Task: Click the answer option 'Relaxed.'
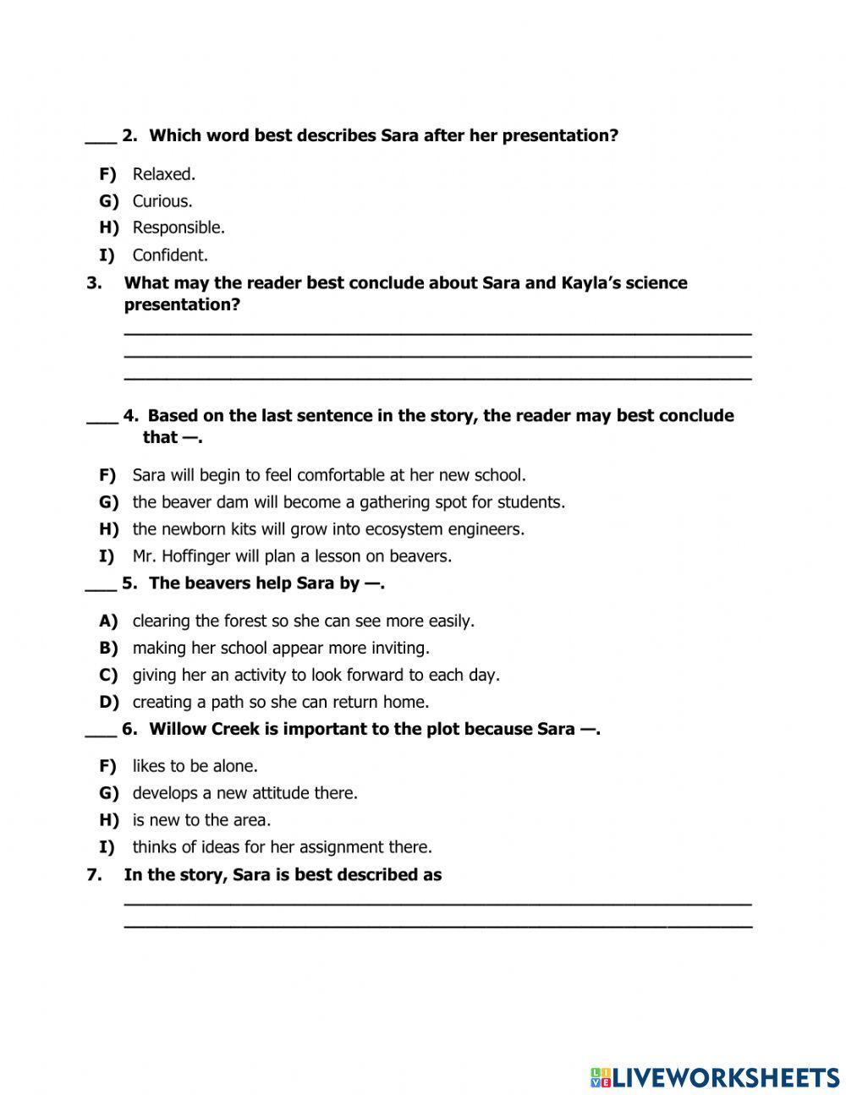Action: [x=163, y=174]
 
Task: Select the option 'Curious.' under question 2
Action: [x=162, y=201]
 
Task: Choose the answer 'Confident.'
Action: [x=169, y=255]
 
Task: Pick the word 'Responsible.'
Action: [x=178, y=228]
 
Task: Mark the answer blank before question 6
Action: [x=100, y=732]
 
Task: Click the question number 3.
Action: [x=94, y=283]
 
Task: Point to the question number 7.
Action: [x=94, y=875]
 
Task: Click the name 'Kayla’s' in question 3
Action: [x=591, y=283]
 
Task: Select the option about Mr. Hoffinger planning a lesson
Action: [x=292, y=556]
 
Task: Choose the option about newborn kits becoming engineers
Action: [x=328, y=529]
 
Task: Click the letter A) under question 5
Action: [x=108, y=621]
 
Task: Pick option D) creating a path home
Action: [x=280, y=702]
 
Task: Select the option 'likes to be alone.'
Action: [x=195, y=766]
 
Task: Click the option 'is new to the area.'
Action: [x=201, y=820]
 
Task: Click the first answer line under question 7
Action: [x=437, y=903]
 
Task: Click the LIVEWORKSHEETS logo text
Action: [x=724, y=1077]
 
